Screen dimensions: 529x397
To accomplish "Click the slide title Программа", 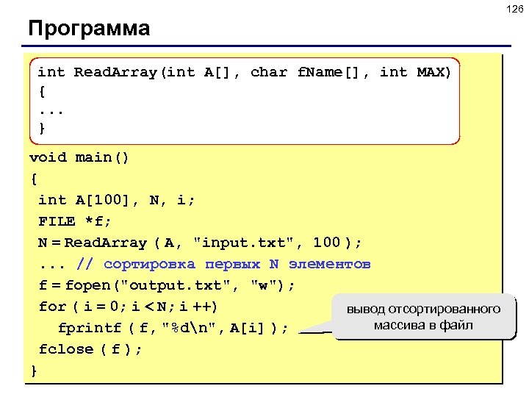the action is pos(89,29).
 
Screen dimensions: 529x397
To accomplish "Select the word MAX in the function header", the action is pos(433,72).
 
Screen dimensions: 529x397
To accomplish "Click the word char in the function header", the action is pos(269,72).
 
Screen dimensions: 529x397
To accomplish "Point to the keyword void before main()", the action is pos(48,157).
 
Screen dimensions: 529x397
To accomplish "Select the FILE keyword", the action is pos(57,221).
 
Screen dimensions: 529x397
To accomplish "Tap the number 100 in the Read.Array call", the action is pos(327,243).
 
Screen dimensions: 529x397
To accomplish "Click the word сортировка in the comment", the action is pos(149,264).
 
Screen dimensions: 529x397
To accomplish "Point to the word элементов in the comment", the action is pos(330,264).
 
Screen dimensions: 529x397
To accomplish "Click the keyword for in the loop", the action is pos(52,307).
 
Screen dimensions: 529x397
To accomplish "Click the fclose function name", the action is pos(66,349).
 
